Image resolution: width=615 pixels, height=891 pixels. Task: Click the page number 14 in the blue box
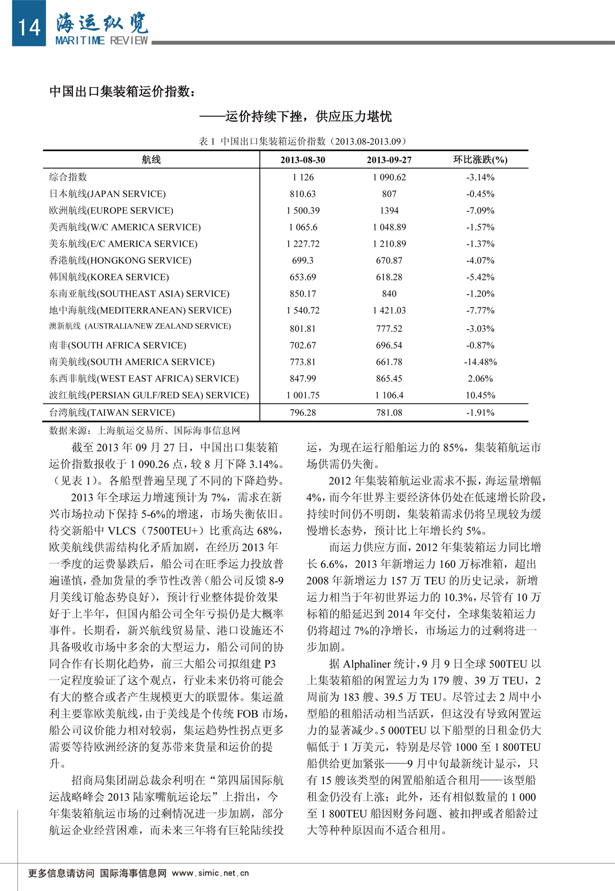click(x=29, y=27)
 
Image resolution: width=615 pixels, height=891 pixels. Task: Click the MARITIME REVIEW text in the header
click(x=101, y=40)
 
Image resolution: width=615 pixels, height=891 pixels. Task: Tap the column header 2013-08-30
click(x=302, y=160)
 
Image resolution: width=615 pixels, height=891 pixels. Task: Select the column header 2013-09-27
click(x=389, y=160)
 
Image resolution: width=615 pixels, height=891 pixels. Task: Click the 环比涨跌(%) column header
click(x=480, y=160)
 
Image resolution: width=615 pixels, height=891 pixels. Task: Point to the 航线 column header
click(x=151, y=160)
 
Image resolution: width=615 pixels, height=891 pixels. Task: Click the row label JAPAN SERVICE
click(x=108, y=194)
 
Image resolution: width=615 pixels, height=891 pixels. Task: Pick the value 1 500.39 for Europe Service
click(x=302, y=211)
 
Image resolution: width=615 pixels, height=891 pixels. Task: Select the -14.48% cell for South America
click(x=480, y=362)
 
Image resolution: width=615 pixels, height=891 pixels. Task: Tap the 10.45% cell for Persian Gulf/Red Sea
click(x=480, y=395)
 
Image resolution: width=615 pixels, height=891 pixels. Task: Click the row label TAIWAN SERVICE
click(x=112, y=413)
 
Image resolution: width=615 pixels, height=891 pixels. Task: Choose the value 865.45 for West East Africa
click(x=389, y=379)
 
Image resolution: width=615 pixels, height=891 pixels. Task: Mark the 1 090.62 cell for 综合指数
click(x=389, y=177)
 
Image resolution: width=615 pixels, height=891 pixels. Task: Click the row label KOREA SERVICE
click(x=109, y=277)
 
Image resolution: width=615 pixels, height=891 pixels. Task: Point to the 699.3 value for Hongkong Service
click(x=302, y=260)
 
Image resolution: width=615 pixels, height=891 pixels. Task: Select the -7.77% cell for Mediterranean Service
click(x=480, y=311)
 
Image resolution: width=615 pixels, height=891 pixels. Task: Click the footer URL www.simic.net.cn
click(x=210, y=873)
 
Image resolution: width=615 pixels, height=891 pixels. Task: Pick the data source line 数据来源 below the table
click(x=144, y=431)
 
